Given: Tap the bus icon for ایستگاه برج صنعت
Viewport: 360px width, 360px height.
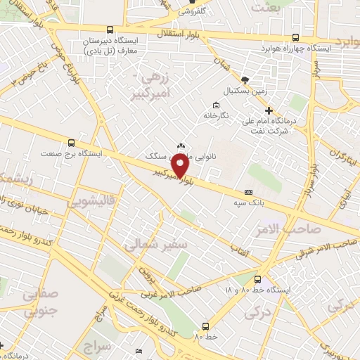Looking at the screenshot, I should (x=70, y=143).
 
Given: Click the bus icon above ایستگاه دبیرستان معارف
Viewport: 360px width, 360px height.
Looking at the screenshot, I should (x=110, y=30).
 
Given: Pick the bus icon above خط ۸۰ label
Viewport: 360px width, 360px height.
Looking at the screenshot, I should (x=205, y=326).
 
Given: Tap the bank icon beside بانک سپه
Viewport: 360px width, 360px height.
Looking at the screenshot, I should (x=247, y=192).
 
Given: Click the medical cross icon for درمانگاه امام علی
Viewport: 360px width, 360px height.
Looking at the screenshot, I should (x=269, y=110).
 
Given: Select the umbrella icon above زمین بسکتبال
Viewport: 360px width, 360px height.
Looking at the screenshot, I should (x=244, y=81).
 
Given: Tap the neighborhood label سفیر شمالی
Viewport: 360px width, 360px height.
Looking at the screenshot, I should (x=146, y=245).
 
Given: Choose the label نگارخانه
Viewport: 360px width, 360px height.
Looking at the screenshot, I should (x=217, y=115).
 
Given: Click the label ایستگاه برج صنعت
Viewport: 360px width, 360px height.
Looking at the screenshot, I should (x=72, y=153).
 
